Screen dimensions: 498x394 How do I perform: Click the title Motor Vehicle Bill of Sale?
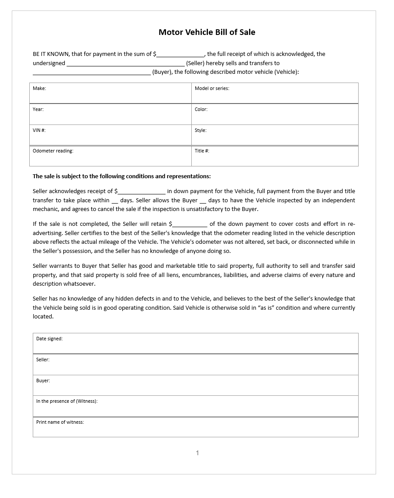pyautogui.click(x=207, y=32)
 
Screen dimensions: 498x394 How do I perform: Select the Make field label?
pyautogui.click(x=39, y=88)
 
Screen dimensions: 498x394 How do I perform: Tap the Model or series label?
pyautogui.click(x=212, y=88)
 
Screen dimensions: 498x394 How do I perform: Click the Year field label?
pyautogui.click(x=38, y=109)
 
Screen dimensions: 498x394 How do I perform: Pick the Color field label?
pyautogui.click(x=201, y=109)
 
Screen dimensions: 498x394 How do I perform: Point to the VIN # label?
pyautogui.click(x=39, y=130)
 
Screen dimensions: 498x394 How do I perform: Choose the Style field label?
pyautogui.click(x=200, y=130)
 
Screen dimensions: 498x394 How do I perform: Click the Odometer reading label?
pyautogui.click(x=53, y=151)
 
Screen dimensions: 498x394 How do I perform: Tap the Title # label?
pyautogui.click(x=202, y=151)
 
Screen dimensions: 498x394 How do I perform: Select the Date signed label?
pyautogui.click(x=49, y=339)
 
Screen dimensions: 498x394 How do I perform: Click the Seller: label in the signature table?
pyautogui.click(x=43, y=360)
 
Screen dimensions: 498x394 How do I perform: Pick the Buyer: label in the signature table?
pyautogui.click(x=43, y=380)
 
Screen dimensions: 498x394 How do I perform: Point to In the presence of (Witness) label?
pyautogui.click(x=67, y=401)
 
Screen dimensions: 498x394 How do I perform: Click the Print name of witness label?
pyautogui.click(x=60, y=422)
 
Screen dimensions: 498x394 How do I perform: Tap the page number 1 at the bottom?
pyautogui.click(x=197, y=453)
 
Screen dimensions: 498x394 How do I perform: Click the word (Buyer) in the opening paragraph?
pyautogui.click(x=162, y=72)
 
